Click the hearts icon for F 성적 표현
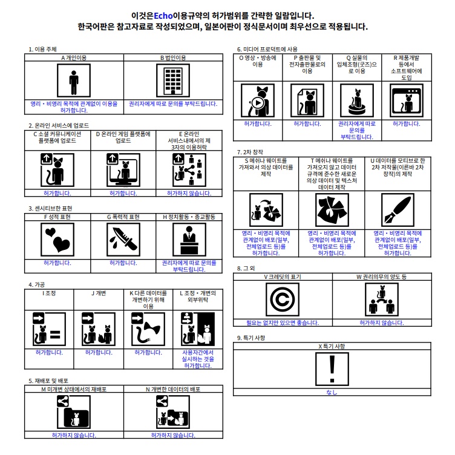coord(57,239)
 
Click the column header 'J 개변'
coord(99,293)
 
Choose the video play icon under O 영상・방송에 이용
coord(257,101)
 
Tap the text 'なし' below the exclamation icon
coord(332,393)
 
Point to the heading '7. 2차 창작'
coord(250,152)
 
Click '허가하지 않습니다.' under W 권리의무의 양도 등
coord(381,322)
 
